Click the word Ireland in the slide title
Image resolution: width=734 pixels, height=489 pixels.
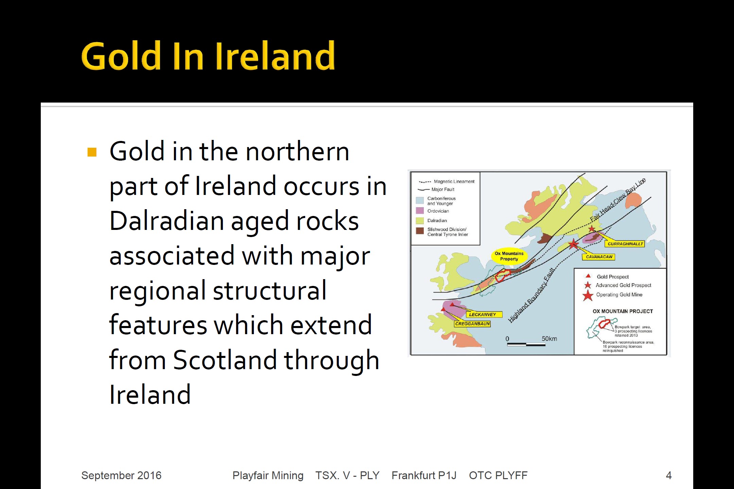coord(275,56)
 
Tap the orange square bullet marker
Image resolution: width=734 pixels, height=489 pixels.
coord(92,152)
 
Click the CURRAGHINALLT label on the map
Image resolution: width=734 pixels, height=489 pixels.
coord(625,244)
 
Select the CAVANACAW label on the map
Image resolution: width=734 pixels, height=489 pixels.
coord(599,257)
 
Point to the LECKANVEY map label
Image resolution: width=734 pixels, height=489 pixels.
coord(483,314)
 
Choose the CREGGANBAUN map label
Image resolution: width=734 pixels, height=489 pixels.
coord(472,324)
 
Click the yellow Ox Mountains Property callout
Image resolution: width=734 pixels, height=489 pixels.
coord(509,256)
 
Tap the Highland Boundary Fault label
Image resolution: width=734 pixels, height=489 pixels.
coord(531,295)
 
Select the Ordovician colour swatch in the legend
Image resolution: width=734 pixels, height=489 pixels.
coord(420,211)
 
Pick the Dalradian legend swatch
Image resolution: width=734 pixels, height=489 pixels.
coord(420,221)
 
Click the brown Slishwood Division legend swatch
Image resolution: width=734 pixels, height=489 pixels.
coord(420,231)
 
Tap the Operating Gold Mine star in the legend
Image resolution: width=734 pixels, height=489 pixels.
coord(588,295)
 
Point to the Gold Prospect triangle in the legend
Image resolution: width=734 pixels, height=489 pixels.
coord(588,276)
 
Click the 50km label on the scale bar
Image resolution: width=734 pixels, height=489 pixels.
coord(549,339)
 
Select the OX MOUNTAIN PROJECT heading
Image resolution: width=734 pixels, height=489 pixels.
coord(623,311)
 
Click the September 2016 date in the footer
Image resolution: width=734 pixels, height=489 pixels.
coord(121,475)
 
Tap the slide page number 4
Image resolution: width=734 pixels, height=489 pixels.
coord(668,475)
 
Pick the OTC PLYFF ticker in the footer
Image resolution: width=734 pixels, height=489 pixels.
coord(498,475)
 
